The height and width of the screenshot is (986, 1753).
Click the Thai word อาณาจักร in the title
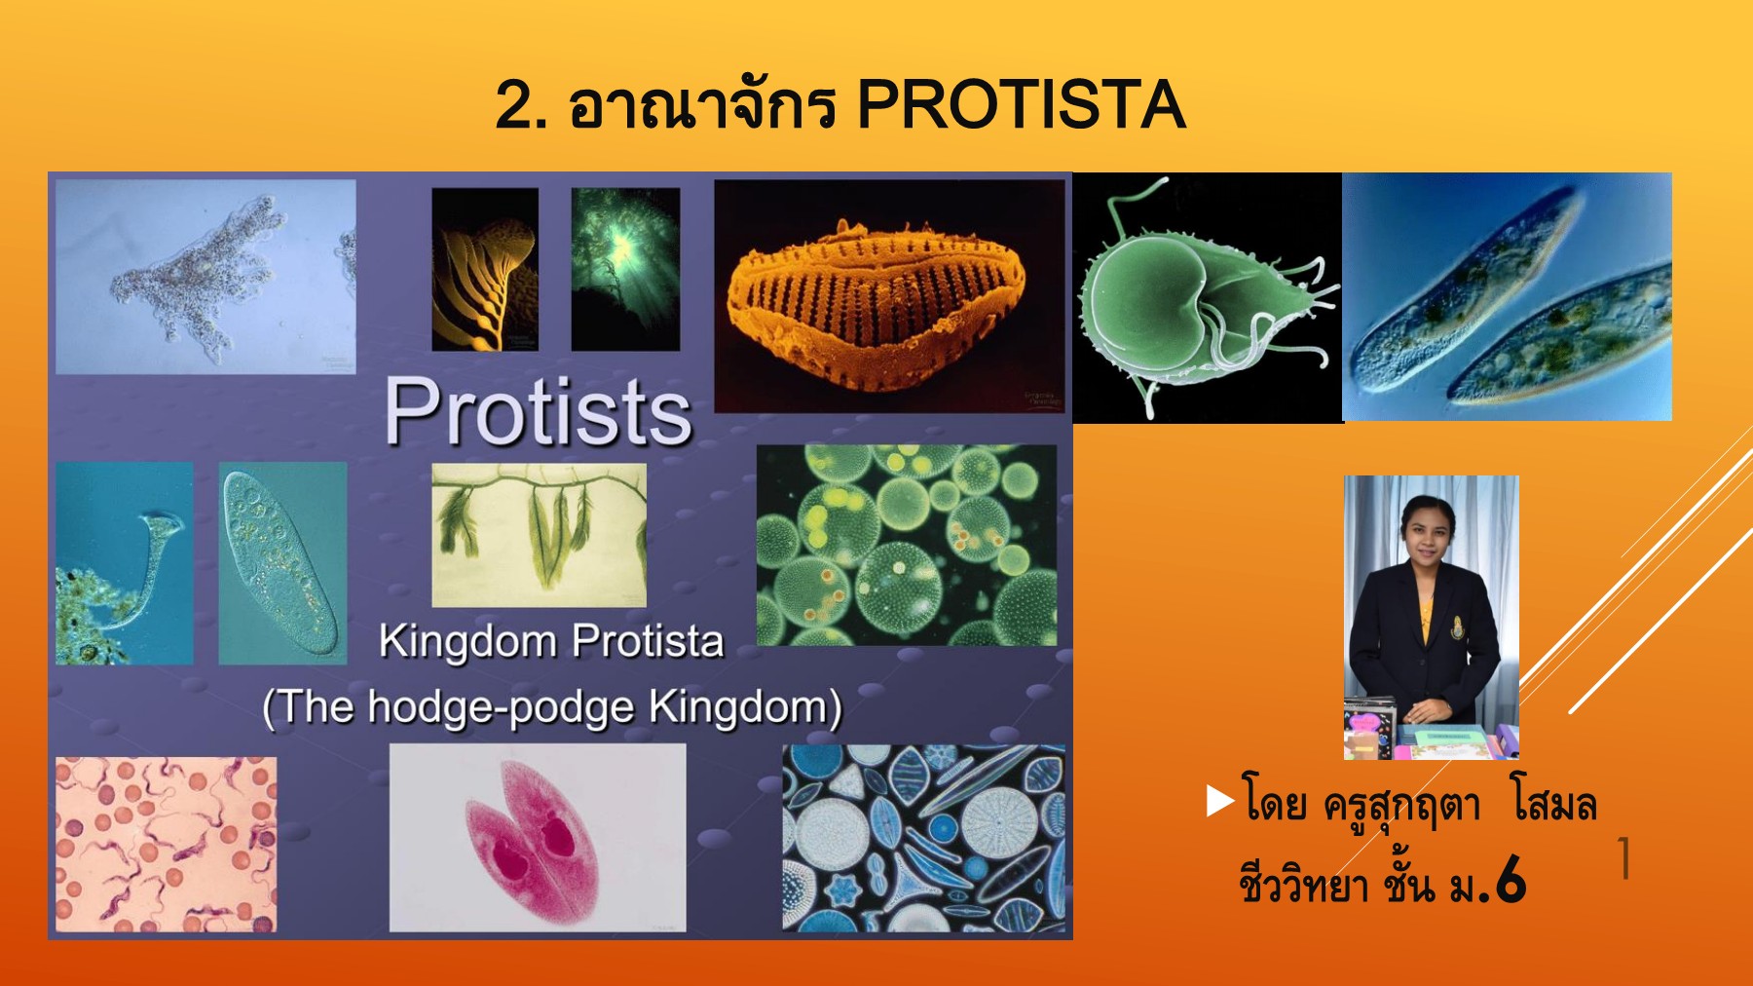[701, 107]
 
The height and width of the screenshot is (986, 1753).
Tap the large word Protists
[539, 412]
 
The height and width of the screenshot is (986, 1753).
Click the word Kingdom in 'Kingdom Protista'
[467, 642]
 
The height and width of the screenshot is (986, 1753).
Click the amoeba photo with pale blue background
[205, 277]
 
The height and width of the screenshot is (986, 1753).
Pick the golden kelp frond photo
[485, 270]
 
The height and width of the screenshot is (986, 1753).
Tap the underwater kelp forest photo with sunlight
[625, 270]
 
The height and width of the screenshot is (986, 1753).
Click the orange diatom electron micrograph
[888, 296]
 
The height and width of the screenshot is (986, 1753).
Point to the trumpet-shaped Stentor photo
[124, 563]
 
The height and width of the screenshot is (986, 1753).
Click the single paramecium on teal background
[282, 563]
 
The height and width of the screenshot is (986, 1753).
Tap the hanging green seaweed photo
[539, 534]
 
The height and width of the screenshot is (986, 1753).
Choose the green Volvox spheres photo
[906, 546]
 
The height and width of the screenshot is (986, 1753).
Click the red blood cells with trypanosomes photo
[166, 844]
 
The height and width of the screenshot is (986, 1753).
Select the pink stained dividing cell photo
[538, 838]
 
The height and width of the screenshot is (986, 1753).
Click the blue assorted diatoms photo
[923, 839]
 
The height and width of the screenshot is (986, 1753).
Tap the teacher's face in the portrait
[1429, 528]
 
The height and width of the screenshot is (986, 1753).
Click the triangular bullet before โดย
[1219, 801]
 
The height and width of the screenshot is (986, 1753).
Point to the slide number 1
[1623, 858]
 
